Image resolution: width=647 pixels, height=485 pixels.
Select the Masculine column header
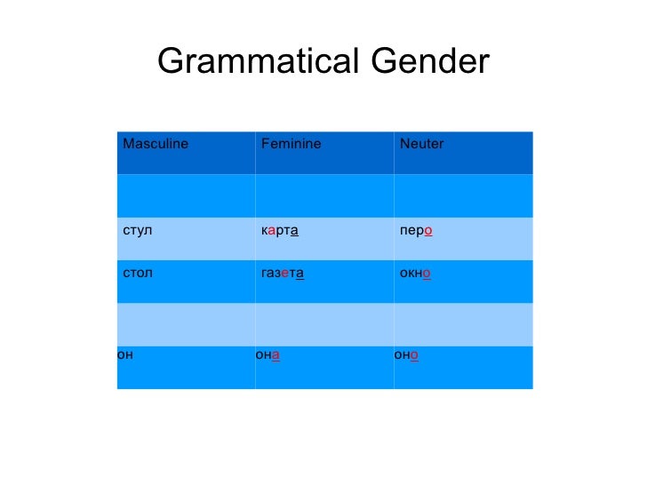pyautogui.click(x=156, y=144)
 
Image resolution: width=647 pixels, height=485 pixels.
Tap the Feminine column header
pyautogui.click(x=291, y=144)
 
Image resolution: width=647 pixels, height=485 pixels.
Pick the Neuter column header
pyautogui.click(x=422, y=144)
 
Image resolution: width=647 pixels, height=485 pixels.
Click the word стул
pyautogui.click(x=138, y=231)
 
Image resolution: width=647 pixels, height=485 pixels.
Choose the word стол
pyautogui.click(x=138, y=273)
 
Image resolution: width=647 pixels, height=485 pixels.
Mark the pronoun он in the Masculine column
pyautogui.click(x=125, y=356)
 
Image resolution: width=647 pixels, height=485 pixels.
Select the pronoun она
pyautogui.click(x=268, y=356)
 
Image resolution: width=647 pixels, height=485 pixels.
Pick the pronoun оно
pyautogui.click(x=407, y=356)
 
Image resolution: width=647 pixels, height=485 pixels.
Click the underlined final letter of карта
pyautogui.click(x=294, y=231)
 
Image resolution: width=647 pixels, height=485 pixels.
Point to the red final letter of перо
pyautogui.click(x=428, y=231)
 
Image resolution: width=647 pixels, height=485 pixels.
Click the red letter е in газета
pyautogui.click(x=284, y=273)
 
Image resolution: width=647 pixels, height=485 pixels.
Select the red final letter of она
pyautogui.click(x=276, y=356)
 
